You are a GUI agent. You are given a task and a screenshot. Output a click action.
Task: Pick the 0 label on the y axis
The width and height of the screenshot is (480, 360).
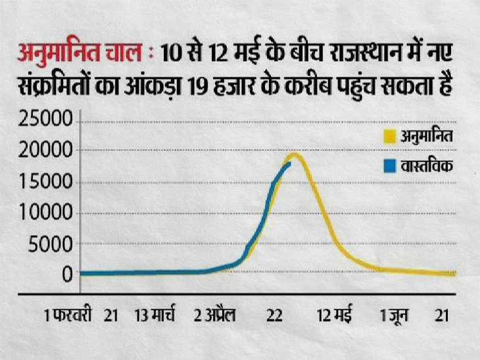click(x=66, y=274)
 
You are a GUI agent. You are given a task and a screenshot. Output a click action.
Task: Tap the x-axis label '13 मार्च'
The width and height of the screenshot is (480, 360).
click(x=156, y=316)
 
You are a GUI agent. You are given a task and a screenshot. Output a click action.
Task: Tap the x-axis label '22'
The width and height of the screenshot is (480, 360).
click(x=274, y=316)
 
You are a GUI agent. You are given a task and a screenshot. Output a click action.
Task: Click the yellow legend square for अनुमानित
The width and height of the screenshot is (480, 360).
click(x=389, y=137)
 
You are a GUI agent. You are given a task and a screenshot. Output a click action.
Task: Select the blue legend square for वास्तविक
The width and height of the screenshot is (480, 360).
click(x=389, y=165)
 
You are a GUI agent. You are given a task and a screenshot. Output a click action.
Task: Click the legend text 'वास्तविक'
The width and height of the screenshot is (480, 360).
click(x=425, y=165)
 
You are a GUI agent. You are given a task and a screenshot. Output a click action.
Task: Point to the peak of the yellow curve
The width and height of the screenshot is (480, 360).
click(x=293, y=155)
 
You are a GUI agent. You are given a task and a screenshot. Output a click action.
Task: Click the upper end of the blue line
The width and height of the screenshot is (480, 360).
click(x=289, y=163)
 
